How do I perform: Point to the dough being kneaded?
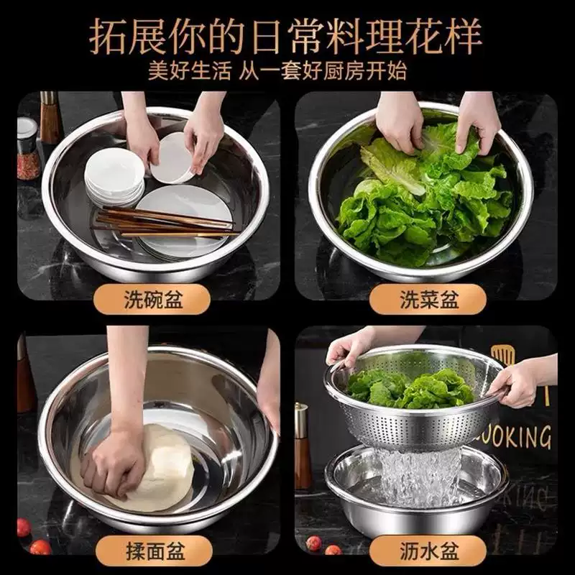(162, 467)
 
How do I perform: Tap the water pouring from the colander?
(420, 478)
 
